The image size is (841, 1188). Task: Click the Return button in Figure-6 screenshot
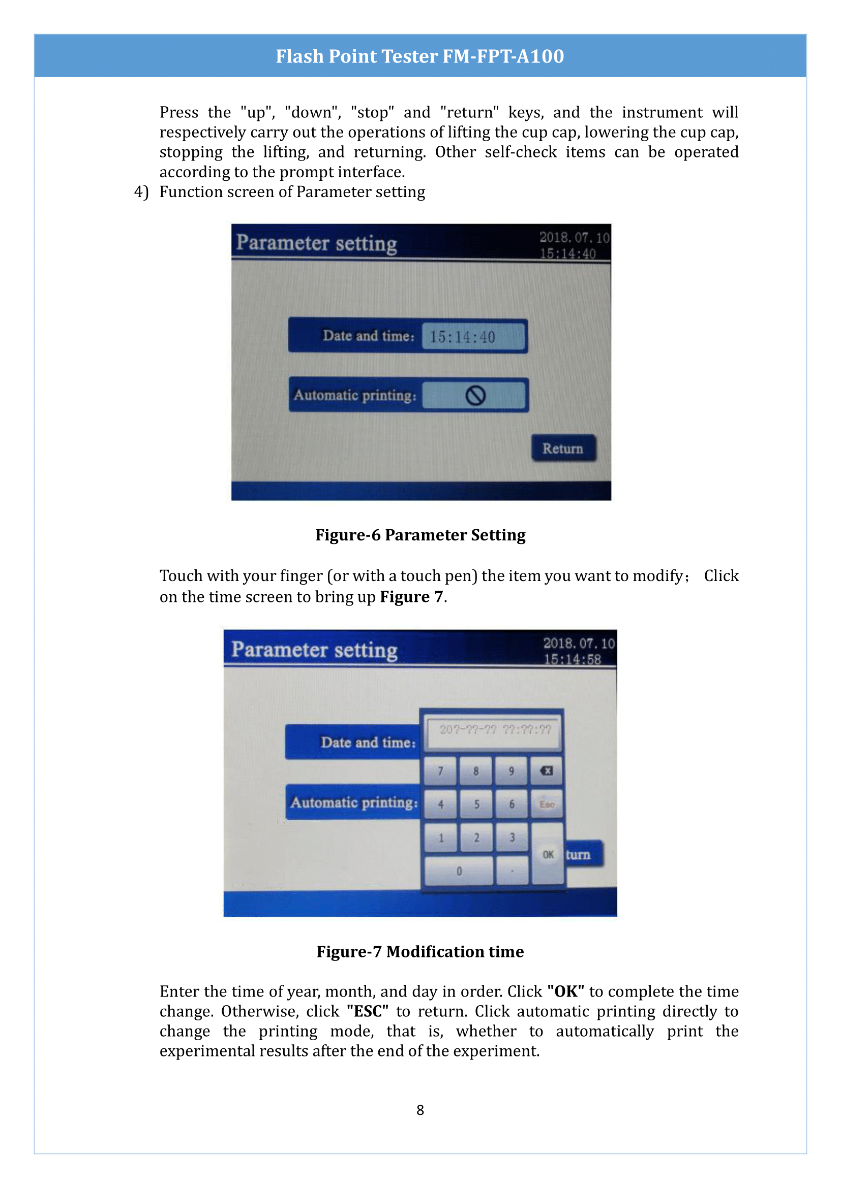[563, 448]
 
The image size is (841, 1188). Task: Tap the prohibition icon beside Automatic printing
[475, 396]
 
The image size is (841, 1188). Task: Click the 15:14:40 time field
[473, 337]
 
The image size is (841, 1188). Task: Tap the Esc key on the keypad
[547, 804]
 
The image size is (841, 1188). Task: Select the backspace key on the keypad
[546, 771]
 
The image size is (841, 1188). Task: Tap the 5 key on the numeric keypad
[476, 804]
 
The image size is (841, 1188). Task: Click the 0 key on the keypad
[459, 872]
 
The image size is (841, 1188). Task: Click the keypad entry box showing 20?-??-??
[495, 730]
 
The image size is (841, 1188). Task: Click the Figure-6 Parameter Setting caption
[420, 535]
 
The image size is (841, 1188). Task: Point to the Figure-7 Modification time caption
[420, 951]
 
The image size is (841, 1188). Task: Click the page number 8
[420, 1110]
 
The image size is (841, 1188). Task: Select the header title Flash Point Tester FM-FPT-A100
[419, 56]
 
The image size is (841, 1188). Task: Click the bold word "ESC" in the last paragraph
[367, 1011]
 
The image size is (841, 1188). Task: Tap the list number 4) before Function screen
[141, 192]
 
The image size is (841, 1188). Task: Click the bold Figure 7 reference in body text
[412, 597]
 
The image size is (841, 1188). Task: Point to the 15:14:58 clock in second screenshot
[572, 659]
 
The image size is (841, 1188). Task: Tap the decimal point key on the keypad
[512, 872]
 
